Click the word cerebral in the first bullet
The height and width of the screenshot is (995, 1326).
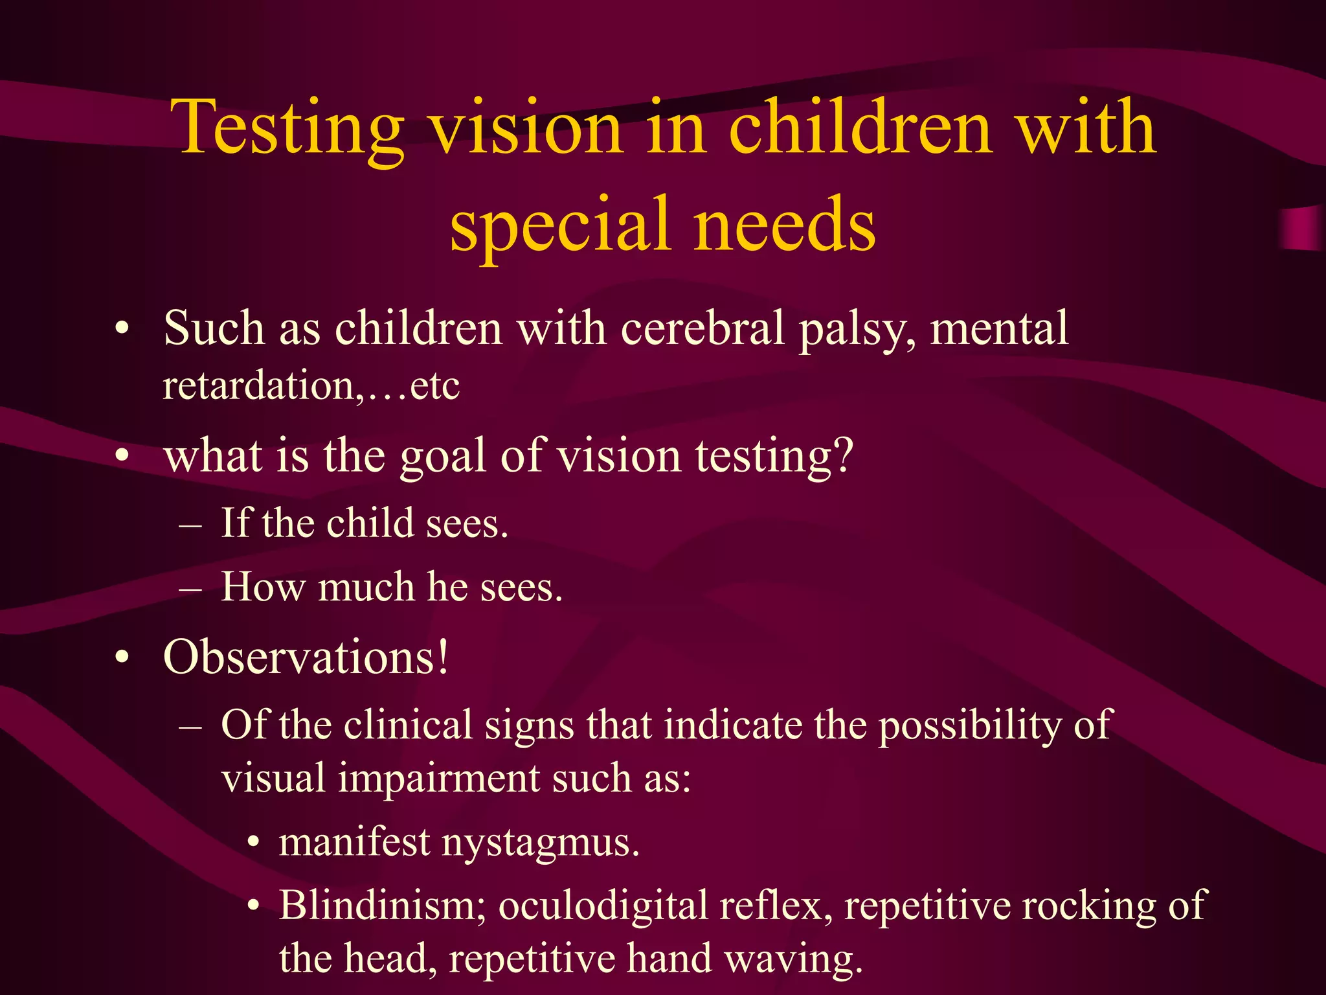702,328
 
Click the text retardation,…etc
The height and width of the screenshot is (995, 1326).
311,386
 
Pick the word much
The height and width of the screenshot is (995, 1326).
366,588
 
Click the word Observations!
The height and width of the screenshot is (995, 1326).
306,658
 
